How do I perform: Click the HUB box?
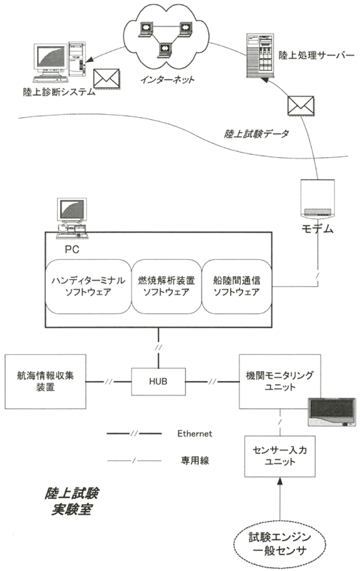click(x=158, y=381)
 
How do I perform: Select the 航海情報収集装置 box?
click(x=45, y=381)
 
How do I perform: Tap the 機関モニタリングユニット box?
click(x=280, y=381)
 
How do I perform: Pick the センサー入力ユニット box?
click(x=280, y=456)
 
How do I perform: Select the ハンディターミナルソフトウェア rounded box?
click(x=88, y=286)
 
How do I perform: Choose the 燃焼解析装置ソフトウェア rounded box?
click(x=166, y=286)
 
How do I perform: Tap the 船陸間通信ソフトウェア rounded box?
click(x=237, y=286)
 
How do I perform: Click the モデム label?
click(x=317, y=228)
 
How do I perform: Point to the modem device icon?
click(x=317, y=199)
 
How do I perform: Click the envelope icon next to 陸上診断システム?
click(x=106, y=79)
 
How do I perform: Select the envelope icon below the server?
click(x=301, y=106)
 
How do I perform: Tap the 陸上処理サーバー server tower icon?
click(x=260, y=56)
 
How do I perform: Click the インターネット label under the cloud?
click(x=167, y=79)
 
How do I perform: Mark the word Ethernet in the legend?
click(x=194, y=433)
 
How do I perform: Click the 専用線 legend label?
click(x=195, y=460)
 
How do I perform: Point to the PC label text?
click(x=71, y=249)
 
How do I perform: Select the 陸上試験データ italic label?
click(x=256, y=133)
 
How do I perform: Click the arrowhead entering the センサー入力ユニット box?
click(x=280, y=481)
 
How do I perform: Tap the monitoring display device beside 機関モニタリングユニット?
click(x=331, y=412)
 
